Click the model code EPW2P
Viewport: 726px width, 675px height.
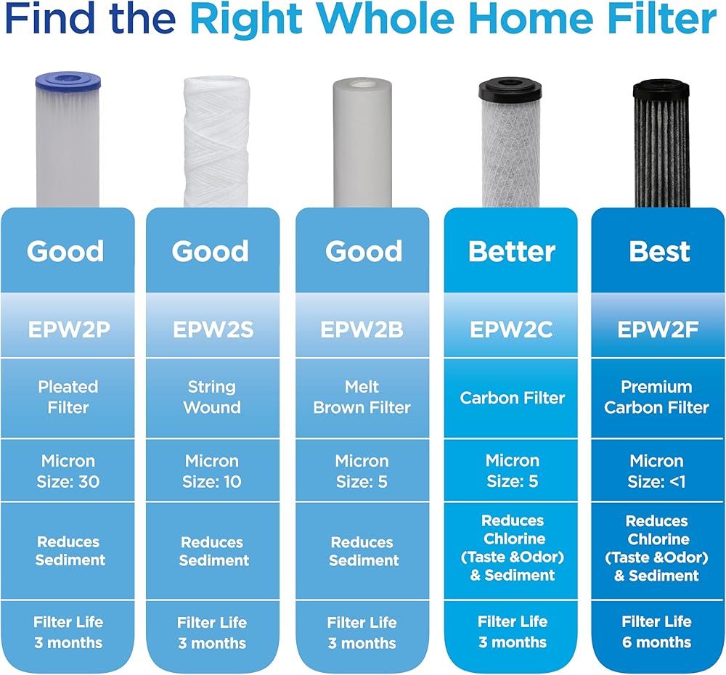69,330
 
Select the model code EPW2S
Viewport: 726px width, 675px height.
213,330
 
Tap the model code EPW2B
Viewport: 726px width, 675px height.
362,330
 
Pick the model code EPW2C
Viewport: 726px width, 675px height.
511,330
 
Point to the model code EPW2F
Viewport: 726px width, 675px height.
658,330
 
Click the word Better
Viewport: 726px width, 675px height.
512,251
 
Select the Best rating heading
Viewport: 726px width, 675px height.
659,251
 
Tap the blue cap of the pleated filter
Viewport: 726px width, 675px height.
68,81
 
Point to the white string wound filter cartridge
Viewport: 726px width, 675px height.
216,142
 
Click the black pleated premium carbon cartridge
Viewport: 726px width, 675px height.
661,144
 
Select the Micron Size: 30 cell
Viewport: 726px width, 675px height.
68,471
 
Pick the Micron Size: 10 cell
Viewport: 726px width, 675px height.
211,471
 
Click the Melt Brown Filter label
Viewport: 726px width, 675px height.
362,397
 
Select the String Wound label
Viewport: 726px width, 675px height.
211,397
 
